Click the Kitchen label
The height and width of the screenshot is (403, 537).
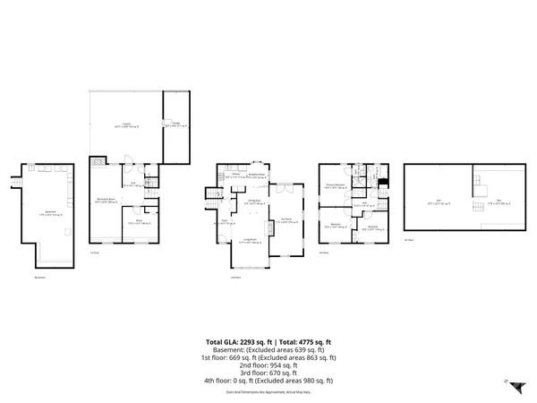pos(234,177)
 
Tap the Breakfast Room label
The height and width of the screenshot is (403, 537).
pos(255,176)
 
